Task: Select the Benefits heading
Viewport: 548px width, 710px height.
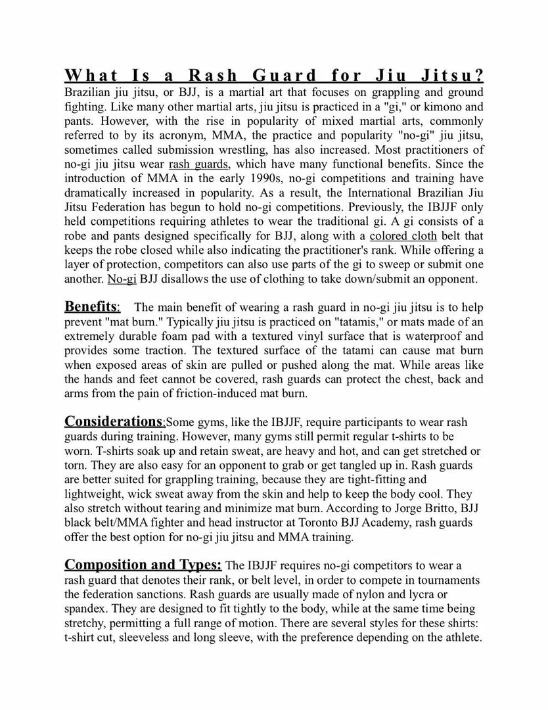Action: (91, 306)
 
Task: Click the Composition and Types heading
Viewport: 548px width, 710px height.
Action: (143, 565)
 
